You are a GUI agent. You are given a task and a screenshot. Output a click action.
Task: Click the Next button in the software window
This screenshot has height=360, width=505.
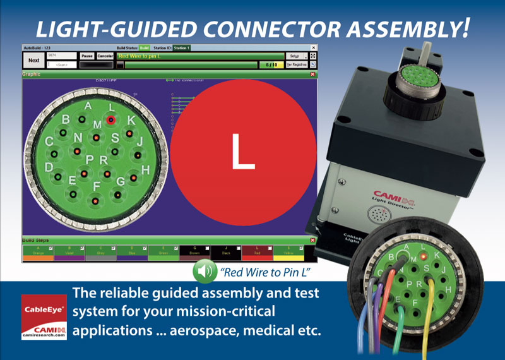[34, 60]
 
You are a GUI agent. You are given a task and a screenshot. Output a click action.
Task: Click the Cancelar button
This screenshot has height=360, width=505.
[105, 56]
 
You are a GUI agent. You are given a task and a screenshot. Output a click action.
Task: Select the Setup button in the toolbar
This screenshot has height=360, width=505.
[294, 56]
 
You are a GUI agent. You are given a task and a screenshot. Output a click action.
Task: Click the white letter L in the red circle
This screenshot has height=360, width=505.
[243, 152]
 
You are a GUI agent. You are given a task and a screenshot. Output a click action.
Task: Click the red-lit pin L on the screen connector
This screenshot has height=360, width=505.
[111, 119]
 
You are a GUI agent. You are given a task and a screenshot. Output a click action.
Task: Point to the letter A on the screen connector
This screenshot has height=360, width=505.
[88, 107]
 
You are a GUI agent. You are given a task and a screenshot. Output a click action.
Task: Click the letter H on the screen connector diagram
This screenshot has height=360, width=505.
[145, 169]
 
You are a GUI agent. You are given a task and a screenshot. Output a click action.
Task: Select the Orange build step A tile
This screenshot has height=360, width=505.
[38, 253]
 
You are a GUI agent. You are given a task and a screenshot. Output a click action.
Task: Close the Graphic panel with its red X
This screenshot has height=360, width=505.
[312, 74]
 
